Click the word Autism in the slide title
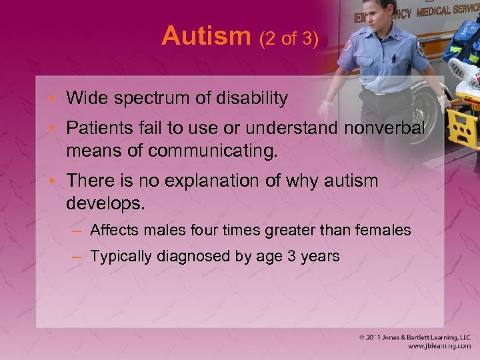[205, 35]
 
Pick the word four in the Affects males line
[201, 231]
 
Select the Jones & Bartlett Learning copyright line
[413, 337]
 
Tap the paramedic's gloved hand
[327, 110]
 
